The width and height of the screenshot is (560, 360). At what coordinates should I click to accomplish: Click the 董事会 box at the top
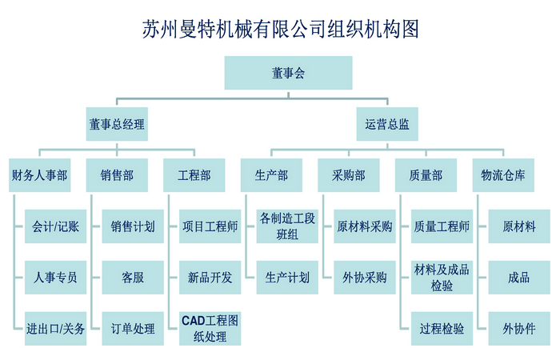[x=288, y=74]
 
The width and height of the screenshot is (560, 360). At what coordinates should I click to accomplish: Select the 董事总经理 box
[x=118, y=124]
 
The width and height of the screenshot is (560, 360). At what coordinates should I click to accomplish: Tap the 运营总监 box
[x=387, y=124]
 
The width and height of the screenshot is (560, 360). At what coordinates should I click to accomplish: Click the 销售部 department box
[x=118, y=175]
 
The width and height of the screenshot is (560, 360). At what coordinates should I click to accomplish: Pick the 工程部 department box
[x=194, y=175]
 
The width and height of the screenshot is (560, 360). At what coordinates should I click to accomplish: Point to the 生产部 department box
[x=271, y=175]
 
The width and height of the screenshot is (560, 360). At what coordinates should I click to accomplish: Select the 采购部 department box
[x=349, y=175]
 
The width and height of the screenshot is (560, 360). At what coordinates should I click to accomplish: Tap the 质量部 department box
[x=426, y=175]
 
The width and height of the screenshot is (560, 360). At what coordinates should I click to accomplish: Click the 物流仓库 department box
[x=503, y=175]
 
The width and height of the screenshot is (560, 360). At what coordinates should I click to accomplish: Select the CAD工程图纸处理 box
[x=210, y=329]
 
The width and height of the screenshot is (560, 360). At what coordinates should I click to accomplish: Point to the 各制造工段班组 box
[x=287, y=226]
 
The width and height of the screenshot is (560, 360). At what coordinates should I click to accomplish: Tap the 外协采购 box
[x=364, y=278]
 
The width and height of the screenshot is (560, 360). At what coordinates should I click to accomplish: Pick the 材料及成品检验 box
[x=442, y=278]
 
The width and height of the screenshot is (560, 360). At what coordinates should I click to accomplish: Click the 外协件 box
[x=518, y=329]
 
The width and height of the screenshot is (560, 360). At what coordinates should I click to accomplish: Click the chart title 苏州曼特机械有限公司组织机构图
[x=280, y=30]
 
